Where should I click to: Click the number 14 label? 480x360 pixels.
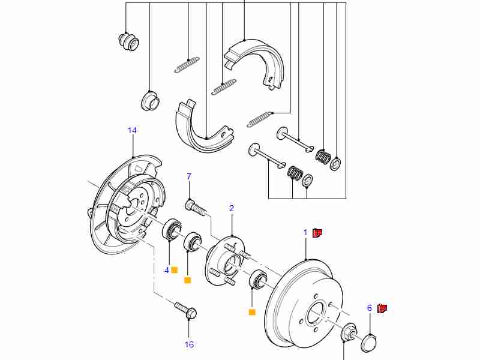132,130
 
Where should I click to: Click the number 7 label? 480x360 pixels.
189,176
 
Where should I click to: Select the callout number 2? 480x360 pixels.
232,208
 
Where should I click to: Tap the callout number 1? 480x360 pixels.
305,232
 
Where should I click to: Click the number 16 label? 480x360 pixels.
189,344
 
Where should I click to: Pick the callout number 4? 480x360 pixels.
167,270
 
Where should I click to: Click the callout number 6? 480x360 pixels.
370,308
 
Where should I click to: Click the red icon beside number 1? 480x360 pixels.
318,232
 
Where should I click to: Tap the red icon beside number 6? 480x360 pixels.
382,308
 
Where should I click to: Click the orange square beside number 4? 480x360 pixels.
175,270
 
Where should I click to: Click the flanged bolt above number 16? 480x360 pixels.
185,310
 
